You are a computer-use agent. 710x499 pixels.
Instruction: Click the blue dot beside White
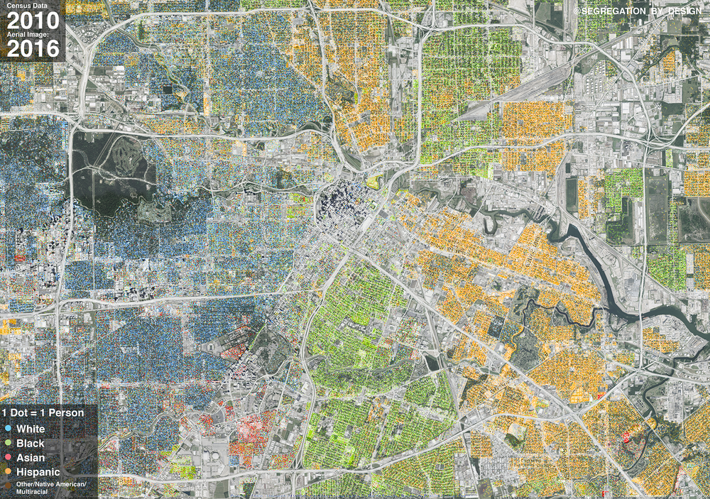point(6,429)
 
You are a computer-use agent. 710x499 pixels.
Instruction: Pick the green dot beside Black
point(6,443)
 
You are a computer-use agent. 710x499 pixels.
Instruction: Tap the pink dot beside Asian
point(6,457)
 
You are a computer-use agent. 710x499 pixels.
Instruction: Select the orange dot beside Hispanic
point(6,471)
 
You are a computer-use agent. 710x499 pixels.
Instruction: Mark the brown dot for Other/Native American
point(6,484)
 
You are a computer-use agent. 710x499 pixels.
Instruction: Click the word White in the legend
point(30,429)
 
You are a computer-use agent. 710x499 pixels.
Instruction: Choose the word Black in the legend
point(30,443)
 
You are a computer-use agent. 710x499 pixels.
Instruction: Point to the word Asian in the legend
point(30,457)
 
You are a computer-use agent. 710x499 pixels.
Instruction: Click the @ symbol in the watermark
point(577,11)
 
